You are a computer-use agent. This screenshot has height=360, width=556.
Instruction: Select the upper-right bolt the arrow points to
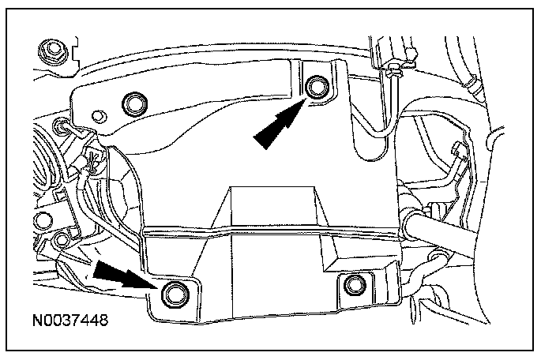[318, 86]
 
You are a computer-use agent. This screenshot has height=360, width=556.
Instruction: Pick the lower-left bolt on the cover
[171, 294]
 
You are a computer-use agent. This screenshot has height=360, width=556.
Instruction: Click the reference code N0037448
[70, 322]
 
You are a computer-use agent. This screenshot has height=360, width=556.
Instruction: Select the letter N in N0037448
[39, 322]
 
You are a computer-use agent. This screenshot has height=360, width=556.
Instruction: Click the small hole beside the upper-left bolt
[98, 115]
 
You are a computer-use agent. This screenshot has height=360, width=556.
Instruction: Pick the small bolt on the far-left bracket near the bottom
[62, 239]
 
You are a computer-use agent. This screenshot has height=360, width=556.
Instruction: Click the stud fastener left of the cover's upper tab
[61, 126]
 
